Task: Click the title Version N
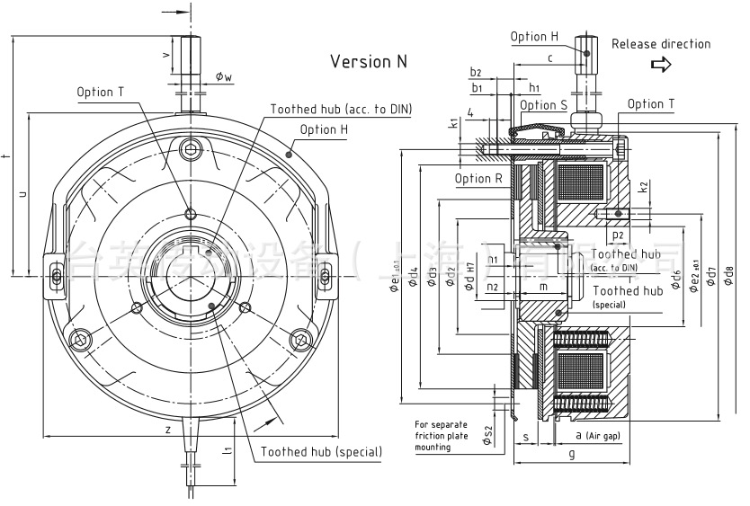coord(369,61)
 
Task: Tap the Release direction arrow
coord(661,65)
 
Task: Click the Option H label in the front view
coord(324,129)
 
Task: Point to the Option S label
coord(544,105)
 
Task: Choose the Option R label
coord(478,178)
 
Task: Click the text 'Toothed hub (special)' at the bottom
coord(321,451)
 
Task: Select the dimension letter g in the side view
coord(571,455)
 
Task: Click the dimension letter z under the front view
coord(168,430)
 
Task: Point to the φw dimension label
coord(224,78)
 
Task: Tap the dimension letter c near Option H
coord(549,58)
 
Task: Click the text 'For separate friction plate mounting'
coord(440,435)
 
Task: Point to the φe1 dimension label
coord(394,276)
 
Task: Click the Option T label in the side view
coord(650,104)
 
